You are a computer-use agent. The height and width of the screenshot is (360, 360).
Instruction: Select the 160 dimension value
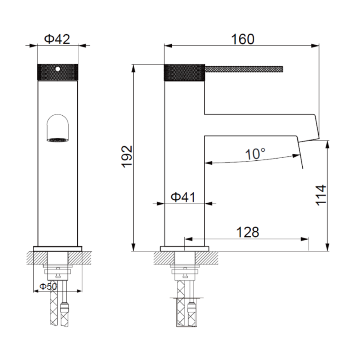click(x=243, y=39)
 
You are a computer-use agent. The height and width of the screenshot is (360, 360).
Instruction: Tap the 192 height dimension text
click(x=127, y=156)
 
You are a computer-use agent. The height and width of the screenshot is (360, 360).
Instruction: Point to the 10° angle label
click(x=255, y=154)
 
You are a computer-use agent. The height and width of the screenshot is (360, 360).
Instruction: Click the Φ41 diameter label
click(x=183, y=197)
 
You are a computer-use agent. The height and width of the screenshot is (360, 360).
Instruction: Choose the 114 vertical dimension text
click(x=321, y=195)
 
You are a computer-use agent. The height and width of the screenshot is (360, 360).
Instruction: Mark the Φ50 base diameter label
click(x=48, y=286)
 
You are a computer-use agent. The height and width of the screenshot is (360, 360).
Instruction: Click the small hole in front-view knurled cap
click(x=58, y=69)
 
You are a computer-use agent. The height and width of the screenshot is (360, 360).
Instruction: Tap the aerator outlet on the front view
click(x=58, y=140)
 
